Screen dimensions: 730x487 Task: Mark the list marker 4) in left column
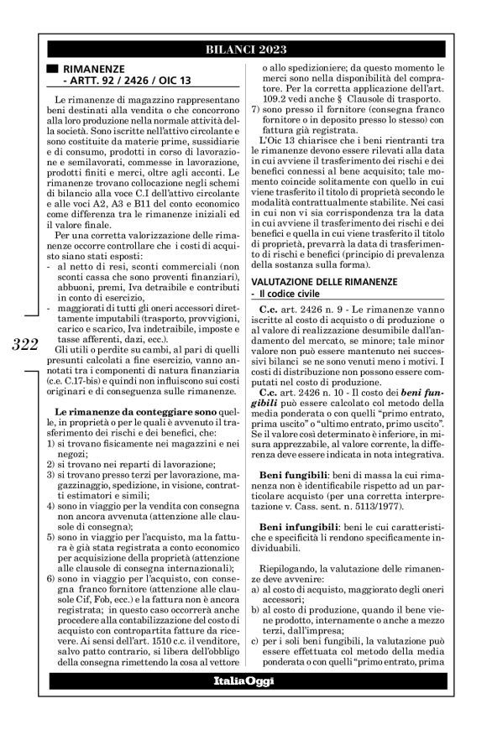(50, 507)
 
